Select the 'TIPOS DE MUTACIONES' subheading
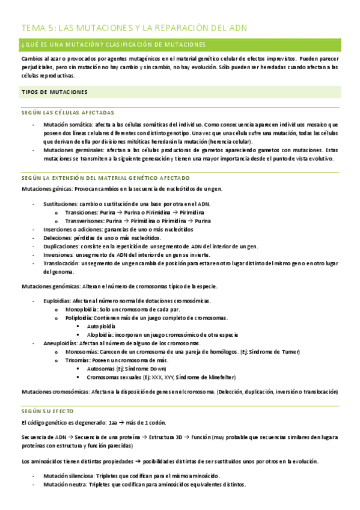coord(54,92)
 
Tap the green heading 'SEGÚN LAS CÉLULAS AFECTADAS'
coord(68,112)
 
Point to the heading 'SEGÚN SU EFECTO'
coord(47,411)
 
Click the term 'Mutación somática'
coord(65,124)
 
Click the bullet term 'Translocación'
coord(61,263)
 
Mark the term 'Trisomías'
coord(78,360)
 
